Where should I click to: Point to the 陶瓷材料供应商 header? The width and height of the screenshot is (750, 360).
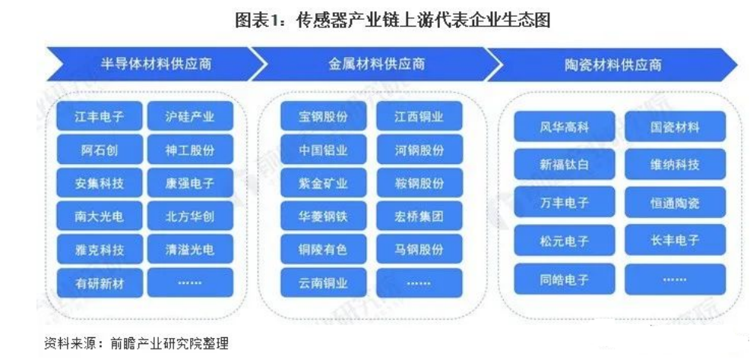pos(614,65)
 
